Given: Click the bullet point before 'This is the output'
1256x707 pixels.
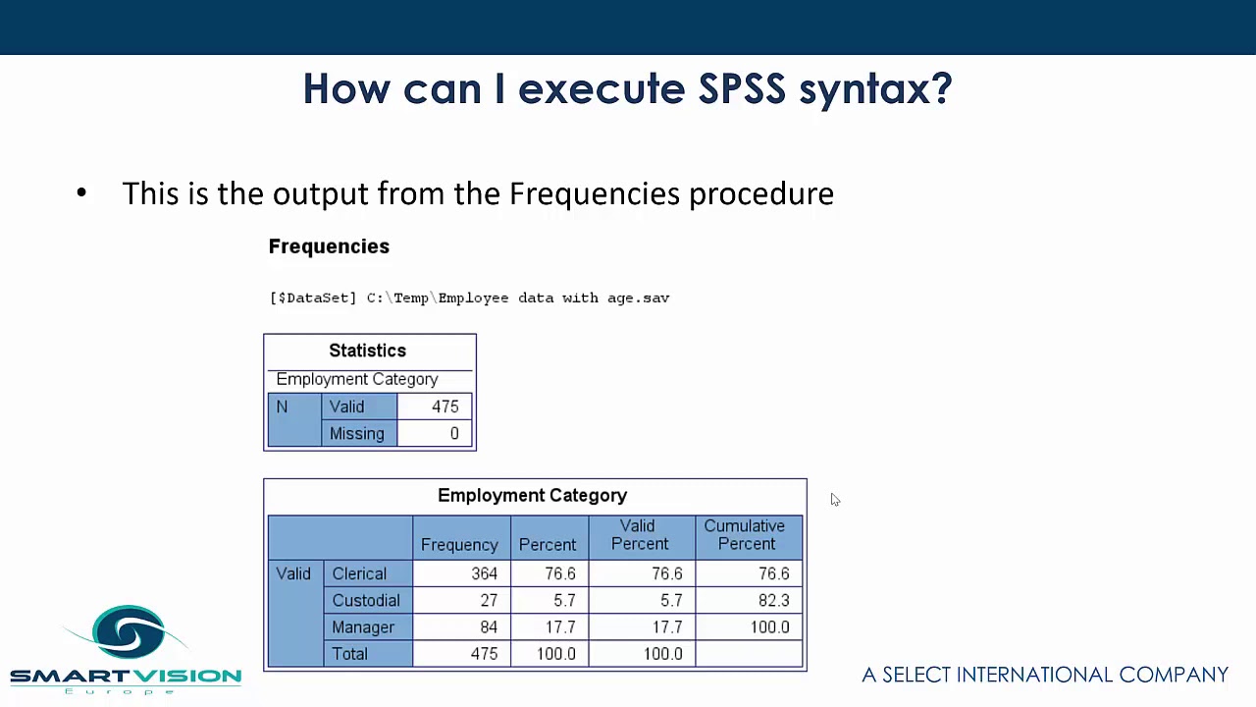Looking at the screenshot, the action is tap(81, 193).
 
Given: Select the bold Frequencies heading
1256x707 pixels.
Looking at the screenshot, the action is tap(329, 246).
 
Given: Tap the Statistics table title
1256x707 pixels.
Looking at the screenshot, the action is tap(367, 351).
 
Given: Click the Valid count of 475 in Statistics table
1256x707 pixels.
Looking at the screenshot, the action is tap(445, 407).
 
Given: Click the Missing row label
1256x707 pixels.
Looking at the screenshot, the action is tap(356, 433).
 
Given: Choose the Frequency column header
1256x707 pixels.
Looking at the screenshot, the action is tap(459, 544).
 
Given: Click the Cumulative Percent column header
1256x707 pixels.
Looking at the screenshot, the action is tap(746, 535).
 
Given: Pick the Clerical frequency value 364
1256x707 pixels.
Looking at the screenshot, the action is tap(484, 573).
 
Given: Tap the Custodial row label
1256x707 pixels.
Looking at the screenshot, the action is tap(366, 600).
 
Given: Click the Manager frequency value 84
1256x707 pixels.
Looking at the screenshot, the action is tap(489, 626).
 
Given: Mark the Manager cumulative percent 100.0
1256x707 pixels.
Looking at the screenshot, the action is tap(769, 626).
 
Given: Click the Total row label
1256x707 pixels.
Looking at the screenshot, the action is tap(350, 654).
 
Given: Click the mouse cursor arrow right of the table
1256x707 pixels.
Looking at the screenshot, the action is tap(835, 500).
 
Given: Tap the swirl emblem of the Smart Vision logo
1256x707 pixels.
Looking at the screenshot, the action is tap(129, 631).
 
